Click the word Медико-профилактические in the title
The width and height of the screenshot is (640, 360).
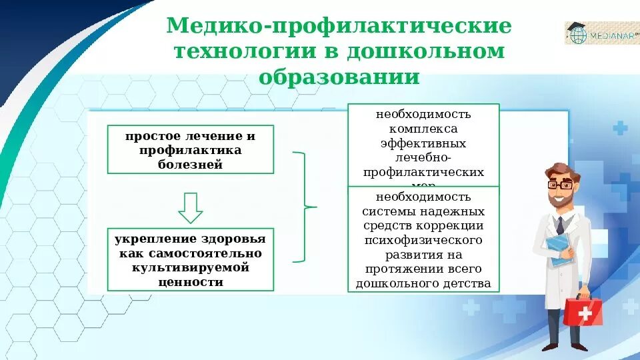tap(339, 27)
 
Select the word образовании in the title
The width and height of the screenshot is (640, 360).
tap(339, 77)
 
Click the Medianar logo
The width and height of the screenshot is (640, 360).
tap(602, 33)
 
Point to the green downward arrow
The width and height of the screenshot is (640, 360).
tap(191, 208)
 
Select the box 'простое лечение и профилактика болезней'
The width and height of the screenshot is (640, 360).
tap(191, 149)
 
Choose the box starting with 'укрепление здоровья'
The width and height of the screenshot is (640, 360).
tap(191, 260)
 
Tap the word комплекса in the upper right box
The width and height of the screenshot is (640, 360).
tap(423, 129)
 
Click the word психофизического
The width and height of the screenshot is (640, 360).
tap(423, 239)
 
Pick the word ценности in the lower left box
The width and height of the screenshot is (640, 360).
tap(191, 282)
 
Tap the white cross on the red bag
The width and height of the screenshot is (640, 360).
tap(585, 312)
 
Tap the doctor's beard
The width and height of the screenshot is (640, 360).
tap(559, 199)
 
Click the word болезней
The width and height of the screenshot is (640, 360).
tap(191, 165)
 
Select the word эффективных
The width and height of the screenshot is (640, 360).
tap(423, 143)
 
